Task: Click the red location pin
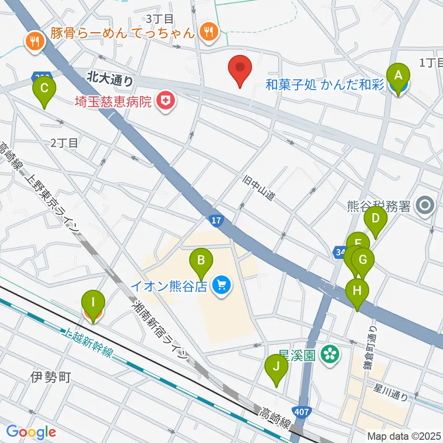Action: click(x=240, y=69)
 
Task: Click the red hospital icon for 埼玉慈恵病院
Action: click(x=165, y=101)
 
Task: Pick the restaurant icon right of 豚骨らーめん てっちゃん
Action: click(x=209, y=32)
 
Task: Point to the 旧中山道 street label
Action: click(x=260, y=188)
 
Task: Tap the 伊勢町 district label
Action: click(x=51, y=377)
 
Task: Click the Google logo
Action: click(x=31, y=431)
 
